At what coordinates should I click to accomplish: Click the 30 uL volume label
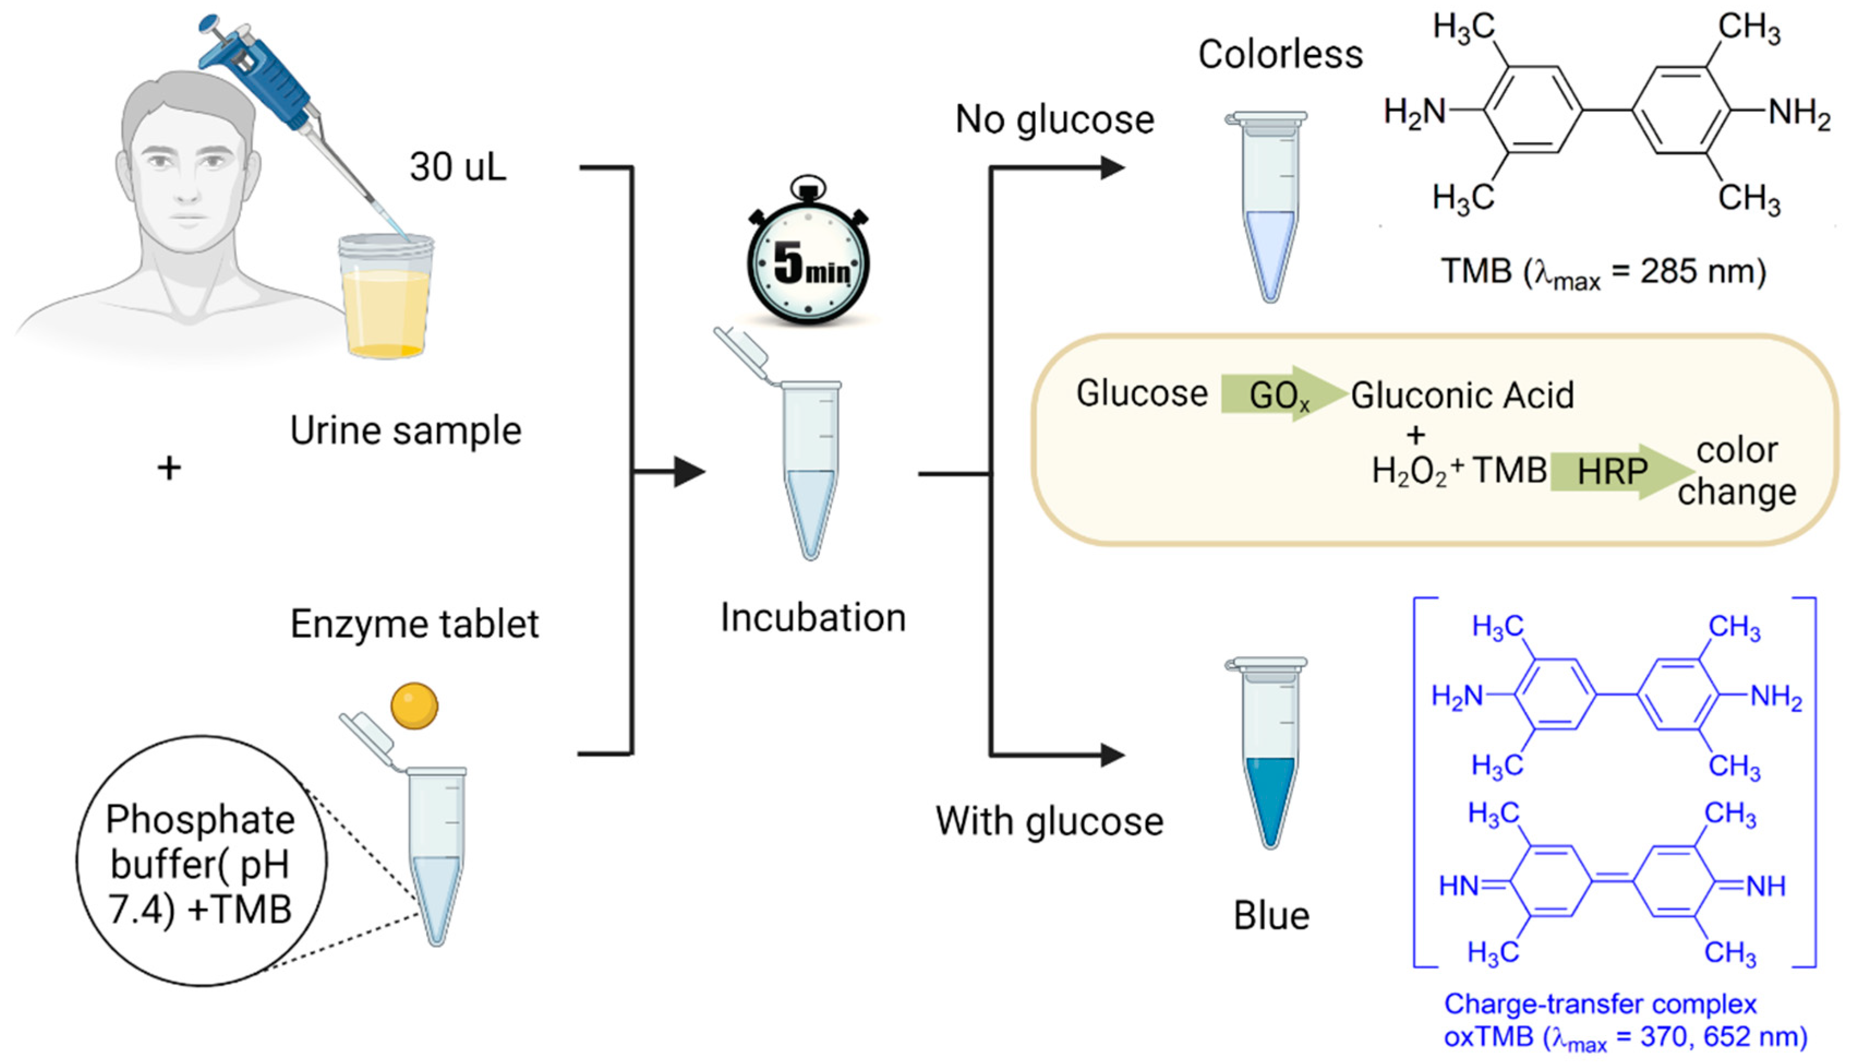click(457, 167)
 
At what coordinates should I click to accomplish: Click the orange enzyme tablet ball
click(414, 706)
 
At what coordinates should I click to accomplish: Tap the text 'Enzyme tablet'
click(414, 624)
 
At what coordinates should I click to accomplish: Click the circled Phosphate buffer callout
click(201, 862)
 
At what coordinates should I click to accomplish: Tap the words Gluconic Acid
click(1462, 395)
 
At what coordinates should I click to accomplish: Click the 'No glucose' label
click(1054, 119)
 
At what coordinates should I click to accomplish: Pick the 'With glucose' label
click(1049, 821)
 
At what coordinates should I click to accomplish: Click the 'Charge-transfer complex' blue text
click(1600, 1004)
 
